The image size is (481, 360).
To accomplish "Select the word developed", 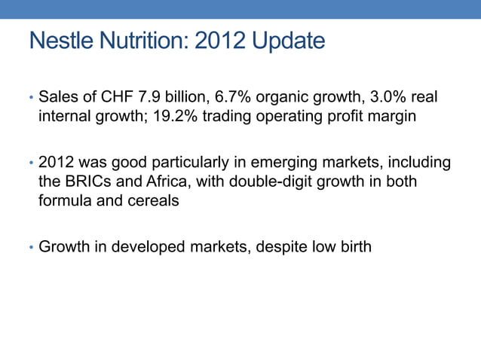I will [x=149, y=246].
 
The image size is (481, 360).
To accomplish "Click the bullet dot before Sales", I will [x=31, y=99].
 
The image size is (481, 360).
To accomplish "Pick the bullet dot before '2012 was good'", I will [x=31, y=163].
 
